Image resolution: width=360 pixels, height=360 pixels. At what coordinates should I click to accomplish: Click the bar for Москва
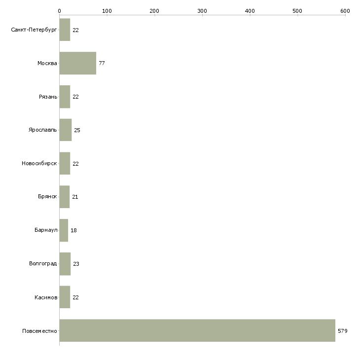point(78,63)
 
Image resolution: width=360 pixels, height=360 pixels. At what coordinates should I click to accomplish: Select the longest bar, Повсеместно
point(197,330)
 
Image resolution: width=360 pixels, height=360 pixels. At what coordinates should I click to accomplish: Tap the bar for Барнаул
point(64,230)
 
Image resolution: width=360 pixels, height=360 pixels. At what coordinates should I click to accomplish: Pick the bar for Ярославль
point(66,130)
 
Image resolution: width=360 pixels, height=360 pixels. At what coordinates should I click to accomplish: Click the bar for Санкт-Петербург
point(65,30)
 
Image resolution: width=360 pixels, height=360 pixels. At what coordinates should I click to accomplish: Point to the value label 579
point(343,331)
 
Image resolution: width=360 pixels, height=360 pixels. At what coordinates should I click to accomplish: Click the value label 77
point(102,63)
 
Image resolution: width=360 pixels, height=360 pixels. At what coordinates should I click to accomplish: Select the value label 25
point(77,130)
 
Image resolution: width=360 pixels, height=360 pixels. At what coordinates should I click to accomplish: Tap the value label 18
point(73,230)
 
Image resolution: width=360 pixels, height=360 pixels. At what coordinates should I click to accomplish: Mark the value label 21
point(75,197)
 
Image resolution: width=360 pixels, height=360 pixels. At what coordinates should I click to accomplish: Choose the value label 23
point(76,264)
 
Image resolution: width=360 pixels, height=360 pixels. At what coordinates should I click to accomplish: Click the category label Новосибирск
point(39,163)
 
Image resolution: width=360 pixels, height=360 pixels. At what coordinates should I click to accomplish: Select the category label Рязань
point(48,97)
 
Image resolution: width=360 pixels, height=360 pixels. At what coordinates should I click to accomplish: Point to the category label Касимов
point(46,297)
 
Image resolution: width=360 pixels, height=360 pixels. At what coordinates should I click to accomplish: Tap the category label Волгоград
point(43,263)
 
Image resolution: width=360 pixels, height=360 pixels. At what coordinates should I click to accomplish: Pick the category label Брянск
point(47,196)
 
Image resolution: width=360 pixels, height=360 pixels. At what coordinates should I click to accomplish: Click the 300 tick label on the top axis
point(202,11)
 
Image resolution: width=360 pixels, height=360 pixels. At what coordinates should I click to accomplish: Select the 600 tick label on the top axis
point(345,11)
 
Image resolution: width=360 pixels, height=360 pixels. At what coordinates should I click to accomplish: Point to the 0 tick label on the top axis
point(60,11)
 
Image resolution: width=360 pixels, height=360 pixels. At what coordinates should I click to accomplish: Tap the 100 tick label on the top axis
point(107,11)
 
